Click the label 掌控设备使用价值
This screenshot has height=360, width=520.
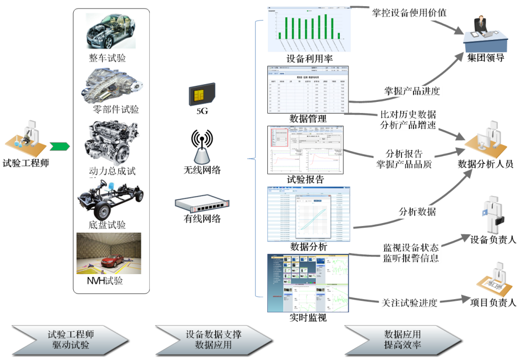tap(409, 12)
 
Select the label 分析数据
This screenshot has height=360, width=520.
tap(417, 211)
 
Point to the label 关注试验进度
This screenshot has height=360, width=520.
tap(409, 303)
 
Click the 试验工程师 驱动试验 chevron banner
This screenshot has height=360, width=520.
tap(69, 340)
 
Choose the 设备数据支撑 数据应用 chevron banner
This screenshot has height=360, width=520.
tap(213, 340)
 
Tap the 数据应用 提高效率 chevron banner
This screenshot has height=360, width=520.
tap(402, 340)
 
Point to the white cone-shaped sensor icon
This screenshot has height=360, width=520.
tap(202, 156)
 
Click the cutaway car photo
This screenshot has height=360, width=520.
tap(110, 31)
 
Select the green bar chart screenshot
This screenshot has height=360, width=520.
tap(309, 30)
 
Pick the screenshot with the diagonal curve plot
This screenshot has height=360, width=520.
tap(309, 214)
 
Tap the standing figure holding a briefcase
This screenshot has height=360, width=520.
tap(492, 215)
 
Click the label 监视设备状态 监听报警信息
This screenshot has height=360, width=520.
tap(410, 253)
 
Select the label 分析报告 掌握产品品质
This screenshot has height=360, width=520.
tap(411, 159)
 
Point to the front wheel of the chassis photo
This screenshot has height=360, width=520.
tap(101, 211)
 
